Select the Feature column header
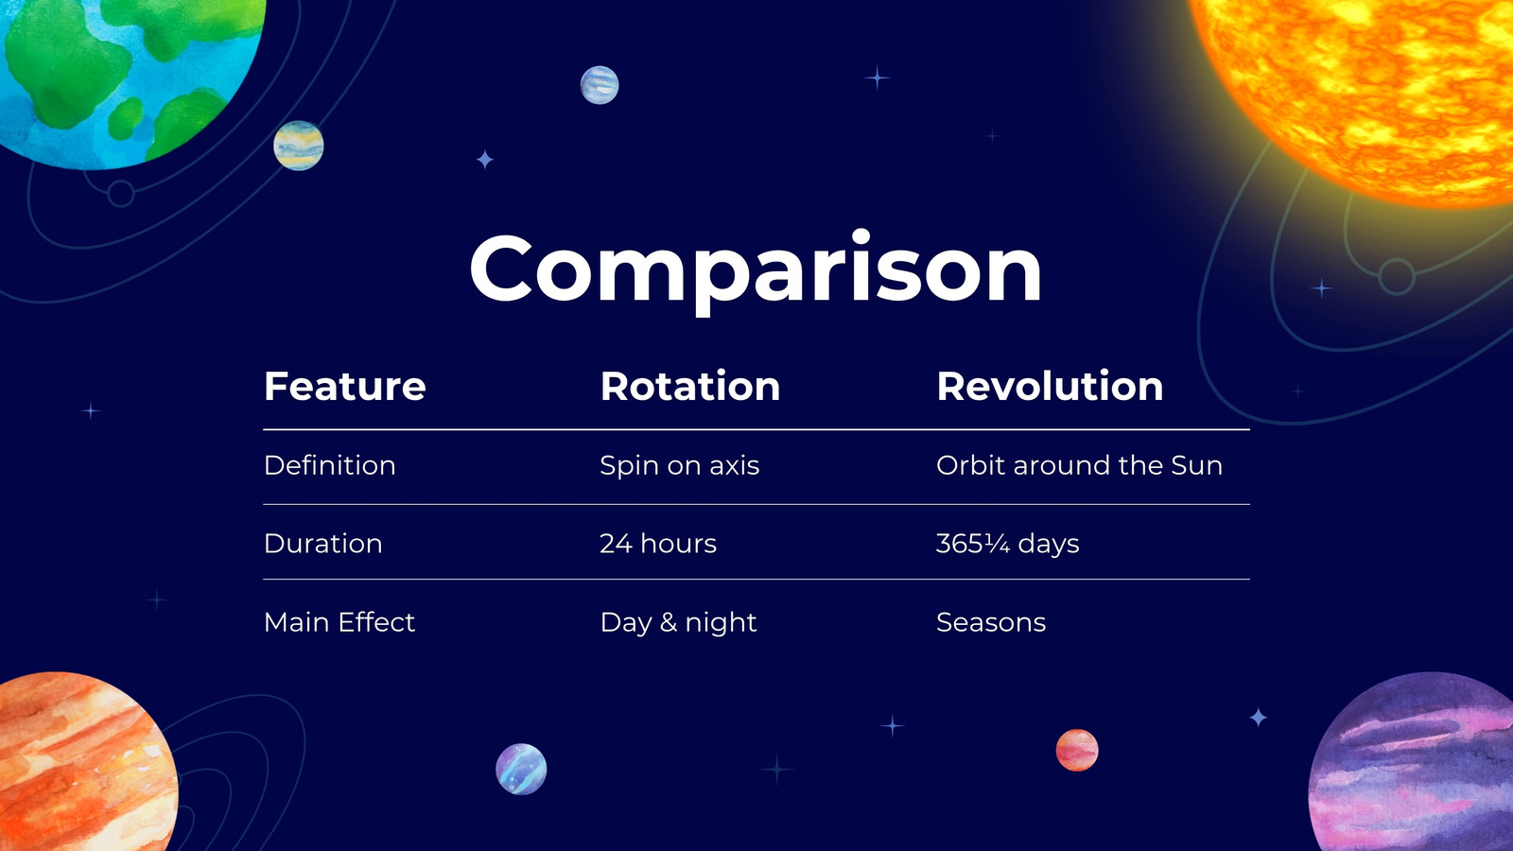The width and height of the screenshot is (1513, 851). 344,387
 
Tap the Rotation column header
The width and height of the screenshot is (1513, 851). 690,387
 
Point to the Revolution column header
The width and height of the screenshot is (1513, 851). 1050,387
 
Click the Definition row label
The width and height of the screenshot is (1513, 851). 330,465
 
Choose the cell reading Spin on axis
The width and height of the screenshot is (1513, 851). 680,466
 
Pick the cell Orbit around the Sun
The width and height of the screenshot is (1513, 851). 1079,465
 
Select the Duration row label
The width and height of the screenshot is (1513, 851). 322,544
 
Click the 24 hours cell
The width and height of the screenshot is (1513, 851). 658,544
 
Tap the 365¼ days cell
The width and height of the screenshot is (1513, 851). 1008,545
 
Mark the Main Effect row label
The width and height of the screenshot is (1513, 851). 339,622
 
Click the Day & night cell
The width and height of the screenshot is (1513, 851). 678,623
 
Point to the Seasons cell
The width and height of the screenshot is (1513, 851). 991,622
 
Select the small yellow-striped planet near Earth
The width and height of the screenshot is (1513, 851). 299,146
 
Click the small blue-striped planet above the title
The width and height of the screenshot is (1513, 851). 600,85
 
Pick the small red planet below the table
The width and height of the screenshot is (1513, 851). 1077,751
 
